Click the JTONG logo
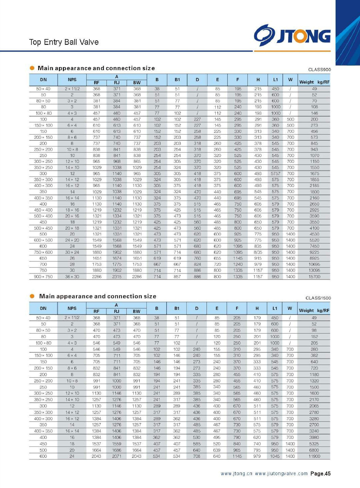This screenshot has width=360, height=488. point(292,36)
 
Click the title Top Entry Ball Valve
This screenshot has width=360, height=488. point(64,42)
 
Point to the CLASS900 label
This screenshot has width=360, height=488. point(319,70)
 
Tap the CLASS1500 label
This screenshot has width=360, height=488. point(318,298)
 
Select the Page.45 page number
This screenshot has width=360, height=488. point(320,474)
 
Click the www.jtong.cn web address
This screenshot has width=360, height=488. point(236,474)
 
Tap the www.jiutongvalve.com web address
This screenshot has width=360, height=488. point(281,474)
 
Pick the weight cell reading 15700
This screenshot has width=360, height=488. point(314,277)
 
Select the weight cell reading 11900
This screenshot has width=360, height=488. point(314,456)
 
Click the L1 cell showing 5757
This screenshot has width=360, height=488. point(275,174)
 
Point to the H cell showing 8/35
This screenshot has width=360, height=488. point(258,252)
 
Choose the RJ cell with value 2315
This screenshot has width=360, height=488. point(117,277)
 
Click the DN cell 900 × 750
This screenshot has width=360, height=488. point(43,277)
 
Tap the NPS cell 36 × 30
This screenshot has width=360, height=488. point(72,277)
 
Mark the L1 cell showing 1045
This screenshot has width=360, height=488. point(275,456)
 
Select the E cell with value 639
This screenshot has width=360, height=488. point(217,450)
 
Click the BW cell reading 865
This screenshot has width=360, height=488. point(137,161)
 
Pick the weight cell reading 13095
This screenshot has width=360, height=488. point(314,270)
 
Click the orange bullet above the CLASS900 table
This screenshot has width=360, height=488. point(32,68)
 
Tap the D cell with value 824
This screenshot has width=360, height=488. point(197,264)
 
